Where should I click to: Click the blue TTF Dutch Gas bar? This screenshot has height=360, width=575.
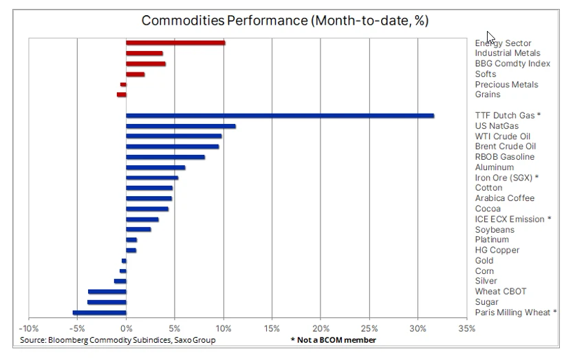(x=280, y=116)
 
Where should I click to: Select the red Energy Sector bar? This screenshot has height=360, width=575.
(x=175, y=43)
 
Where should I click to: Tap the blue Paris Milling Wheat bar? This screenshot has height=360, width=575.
(x=99, y=313)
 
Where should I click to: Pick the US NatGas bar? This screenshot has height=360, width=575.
(x=181, y=126)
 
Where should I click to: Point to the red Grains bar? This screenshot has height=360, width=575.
(x=121, y=95)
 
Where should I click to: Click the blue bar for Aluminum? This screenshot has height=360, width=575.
(x=155, y=168)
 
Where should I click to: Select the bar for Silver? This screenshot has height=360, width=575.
(x=120, y=282)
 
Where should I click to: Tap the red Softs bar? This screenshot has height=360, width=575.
(x=135, y=74)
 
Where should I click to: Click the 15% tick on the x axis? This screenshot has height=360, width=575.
(x=272, y=328)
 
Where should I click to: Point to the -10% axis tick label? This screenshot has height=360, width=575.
(x=29, y=328)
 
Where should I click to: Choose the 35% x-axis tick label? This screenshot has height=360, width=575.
(x=466, y=328)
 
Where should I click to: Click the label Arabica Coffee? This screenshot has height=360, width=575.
(x=505, y=198)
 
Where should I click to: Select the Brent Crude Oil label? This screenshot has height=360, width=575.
(x=506, y=147)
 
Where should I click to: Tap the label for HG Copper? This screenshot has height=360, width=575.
(x=497, y=250)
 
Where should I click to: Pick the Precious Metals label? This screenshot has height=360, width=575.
(x=506, y=85)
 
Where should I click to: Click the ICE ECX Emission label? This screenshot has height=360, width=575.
(x=510, y=219)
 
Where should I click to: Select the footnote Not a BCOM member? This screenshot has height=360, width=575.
(x=336, y=340)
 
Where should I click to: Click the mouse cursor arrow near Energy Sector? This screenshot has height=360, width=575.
(x=490, y=37)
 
